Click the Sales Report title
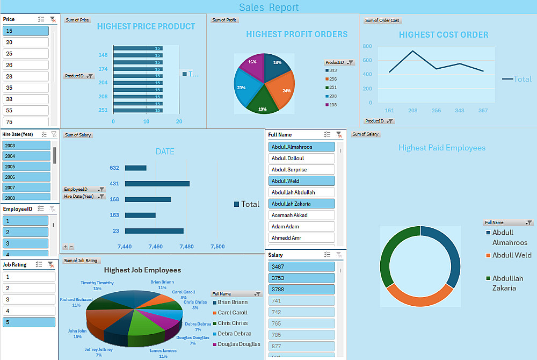click(268, 7)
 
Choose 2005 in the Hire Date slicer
click(26, 167)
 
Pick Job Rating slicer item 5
click(29, 322)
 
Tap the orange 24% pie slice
click(281, 89)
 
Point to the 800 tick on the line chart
click(367, 47)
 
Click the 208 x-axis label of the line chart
click(412, 111)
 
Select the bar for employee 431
click(157, 184)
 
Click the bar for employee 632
click(135, 168)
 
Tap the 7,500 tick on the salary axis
click(217, 247)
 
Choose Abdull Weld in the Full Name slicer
click(301, 181)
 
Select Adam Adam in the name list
click(301, 227)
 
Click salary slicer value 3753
click(301, 278)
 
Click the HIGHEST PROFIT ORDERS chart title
click(296, 34)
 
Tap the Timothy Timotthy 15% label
click(97, 285)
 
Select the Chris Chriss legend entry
click(233, 323)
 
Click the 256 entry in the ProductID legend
click(333, 79)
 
